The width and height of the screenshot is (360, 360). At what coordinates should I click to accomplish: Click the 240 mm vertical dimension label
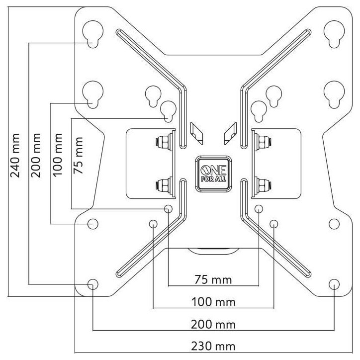click(15, 156)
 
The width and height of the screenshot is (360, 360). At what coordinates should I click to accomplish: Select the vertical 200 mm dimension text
click(36, 155)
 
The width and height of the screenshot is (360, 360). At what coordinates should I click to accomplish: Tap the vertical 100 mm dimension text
click(57, 155)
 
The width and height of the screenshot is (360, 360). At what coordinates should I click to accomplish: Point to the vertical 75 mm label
click(78, 155)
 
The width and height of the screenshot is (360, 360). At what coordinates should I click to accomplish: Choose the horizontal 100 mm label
click(213, 302)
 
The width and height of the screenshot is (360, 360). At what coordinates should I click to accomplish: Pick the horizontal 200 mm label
click(213, 325)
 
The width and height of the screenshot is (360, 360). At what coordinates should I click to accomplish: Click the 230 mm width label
click(213, 346)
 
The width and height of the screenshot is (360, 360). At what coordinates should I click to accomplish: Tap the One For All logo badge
click(213, 174)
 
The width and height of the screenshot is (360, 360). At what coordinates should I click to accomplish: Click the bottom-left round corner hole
click(93, 284)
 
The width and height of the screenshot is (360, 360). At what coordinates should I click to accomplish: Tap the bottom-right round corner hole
click(334, 284)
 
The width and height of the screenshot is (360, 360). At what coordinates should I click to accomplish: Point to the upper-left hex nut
click(164, 142)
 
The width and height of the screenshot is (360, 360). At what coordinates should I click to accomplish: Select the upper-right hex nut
click(264, 142)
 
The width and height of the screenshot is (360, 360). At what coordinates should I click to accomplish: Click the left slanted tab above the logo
click(196, 133)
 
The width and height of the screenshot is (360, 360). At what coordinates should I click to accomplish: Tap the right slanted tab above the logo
click(230, 133)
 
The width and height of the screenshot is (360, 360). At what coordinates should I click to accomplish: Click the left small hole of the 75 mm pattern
click(168, 209)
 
